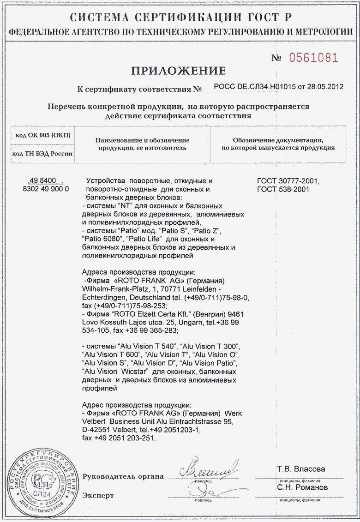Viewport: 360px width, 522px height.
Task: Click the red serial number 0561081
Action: pyautogui.click(x=313, y=58)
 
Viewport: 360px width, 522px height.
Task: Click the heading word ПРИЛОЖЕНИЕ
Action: pyautogui.click(x=178, y=71)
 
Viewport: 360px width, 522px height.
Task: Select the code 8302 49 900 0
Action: pyautogui.click(x=46, y=189)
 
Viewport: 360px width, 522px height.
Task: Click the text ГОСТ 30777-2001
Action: pyautogui.click(x=288, y=181)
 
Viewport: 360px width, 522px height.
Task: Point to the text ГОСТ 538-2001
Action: pyautogui.click(x=283, y=189)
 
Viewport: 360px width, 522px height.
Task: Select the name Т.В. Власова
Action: pyautogui.click(x=301, y=469)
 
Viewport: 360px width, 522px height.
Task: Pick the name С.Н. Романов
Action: pyautogui.click(x=302, y=487)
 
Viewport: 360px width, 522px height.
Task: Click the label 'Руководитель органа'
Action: pyautogui.click(x=123, y=476)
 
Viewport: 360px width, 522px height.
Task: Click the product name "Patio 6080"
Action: pyautogui.click(x=99, y=239)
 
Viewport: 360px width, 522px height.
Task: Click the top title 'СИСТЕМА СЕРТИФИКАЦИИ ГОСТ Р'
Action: pyautogui.click(x=180, y=18)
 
